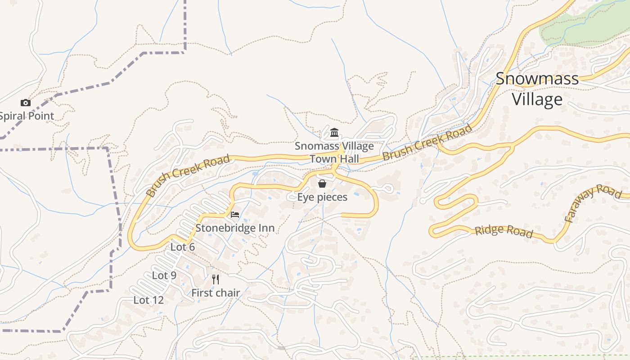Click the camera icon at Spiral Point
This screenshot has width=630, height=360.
tap(26, 103)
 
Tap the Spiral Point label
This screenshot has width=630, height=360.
tap(26, 116)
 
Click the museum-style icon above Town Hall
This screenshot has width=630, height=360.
tap(334, 132)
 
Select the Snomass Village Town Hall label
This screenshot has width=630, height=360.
tap(334, 153)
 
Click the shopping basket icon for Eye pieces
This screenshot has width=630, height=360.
tap(322, 183)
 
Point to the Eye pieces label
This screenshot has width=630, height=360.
tap(322, 197)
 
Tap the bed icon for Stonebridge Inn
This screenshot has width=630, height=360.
tap(235, 214)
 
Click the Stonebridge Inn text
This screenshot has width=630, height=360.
tap(235, 228)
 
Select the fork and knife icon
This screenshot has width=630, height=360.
tap(216, 279)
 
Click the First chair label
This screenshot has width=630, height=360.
tap(216, 293)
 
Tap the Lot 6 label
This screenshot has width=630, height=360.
tap(183, 247)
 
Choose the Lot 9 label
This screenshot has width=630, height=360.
tap(164, 275)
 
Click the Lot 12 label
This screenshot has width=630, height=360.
tap(149, 300)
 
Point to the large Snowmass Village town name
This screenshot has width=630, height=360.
tap(537, 89)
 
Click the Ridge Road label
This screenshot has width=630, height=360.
tap(504, 231)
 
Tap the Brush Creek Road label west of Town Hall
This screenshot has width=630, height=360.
tap(188, 175)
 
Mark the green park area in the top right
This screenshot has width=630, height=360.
tap(585, 25)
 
